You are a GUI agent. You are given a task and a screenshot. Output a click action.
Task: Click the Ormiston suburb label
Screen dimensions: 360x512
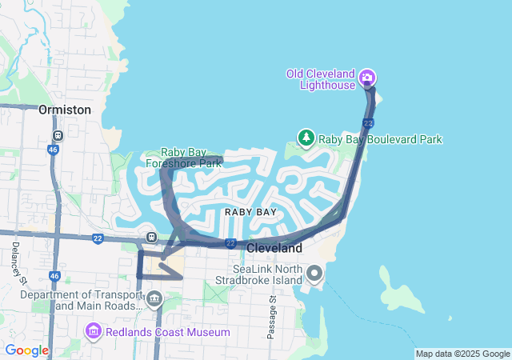coord(65,110)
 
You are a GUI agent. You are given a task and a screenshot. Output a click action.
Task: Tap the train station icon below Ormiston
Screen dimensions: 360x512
coord(57,136)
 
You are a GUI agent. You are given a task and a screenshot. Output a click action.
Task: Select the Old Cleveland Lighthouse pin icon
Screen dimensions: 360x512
coord(367,78)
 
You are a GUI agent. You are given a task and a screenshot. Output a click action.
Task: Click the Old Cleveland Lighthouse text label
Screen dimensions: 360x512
coord(320,79)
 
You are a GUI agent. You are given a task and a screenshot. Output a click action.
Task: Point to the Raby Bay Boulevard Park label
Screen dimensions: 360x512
coord(380,139)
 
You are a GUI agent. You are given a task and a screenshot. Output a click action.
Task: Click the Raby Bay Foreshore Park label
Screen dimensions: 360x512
coord(183,158)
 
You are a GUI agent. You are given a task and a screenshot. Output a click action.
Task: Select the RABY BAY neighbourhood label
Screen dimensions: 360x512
coord(250,212)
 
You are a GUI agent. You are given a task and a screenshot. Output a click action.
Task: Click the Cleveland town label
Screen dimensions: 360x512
coord(274,249)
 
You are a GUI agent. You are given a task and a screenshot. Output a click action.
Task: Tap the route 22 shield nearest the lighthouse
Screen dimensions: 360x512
coord(367,122)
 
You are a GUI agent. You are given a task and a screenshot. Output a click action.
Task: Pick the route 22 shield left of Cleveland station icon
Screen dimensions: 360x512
coord(98,238)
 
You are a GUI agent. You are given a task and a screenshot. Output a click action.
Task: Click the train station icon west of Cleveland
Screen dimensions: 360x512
coord(150,238)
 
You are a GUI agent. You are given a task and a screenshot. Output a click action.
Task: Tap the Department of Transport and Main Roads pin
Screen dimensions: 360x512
coord(154,300)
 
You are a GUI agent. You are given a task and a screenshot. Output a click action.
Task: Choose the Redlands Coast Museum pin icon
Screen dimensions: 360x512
coord(93,330)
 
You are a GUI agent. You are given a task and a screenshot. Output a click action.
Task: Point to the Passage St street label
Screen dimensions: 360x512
coord(272,317)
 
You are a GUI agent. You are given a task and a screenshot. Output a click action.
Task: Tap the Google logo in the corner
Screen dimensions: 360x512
coord(27,350)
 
